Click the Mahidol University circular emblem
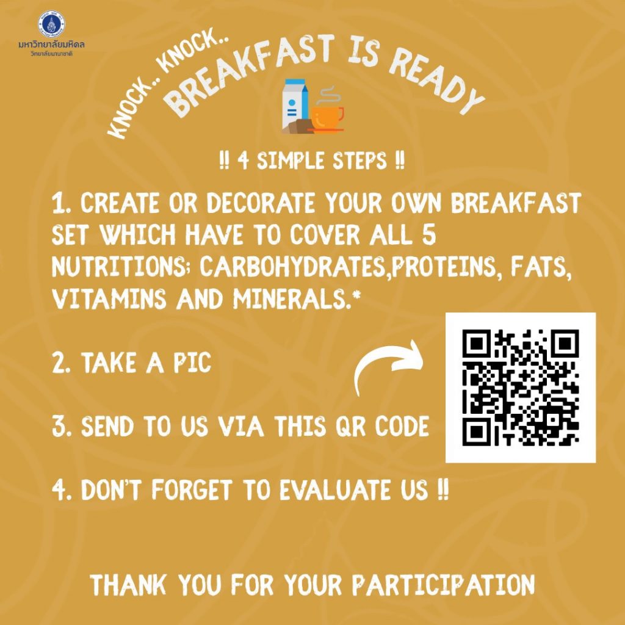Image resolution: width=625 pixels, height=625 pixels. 51,24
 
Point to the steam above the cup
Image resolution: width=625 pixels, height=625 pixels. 328,94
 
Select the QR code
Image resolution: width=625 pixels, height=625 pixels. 521,388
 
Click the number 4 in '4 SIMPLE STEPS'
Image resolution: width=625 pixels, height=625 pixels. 243,161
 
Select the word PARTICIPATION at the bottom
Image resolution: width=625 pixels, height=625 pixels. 443,585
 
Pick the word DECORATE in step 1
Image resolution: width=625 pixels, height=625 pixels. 260,203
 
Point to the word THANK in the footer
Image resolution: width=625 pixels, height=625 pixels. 128,585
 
